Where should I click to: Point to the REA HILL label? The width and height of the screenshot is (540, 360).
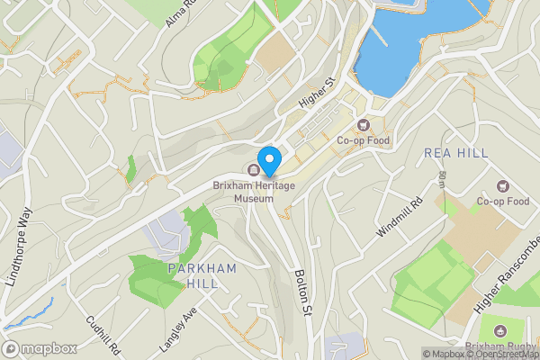point(455,154)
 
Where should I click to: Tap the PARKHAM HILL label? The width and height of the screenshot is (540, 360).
point(202,276)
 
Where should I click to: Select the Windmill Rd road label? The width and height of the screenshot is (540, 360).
point(400,218)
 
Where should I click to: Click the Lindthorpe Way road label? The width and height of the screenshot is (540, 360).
point(18,247)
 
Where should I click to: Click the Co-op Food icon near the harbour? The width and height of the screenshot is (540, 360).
point(364,125)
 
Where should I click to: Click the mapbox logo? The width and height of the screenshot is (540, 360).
point(40,348)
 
